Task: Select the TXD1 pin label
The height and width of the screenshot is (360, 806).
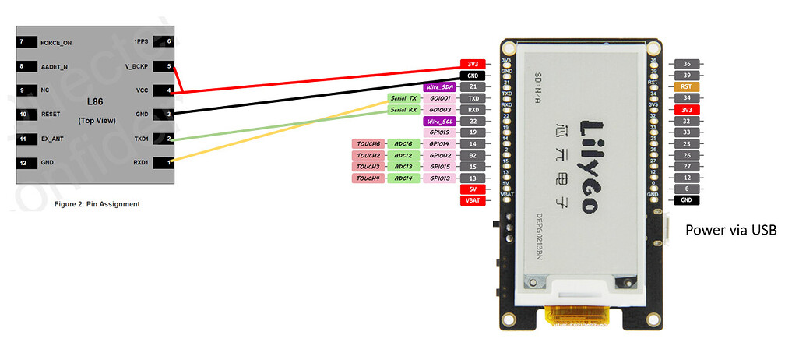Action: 142,139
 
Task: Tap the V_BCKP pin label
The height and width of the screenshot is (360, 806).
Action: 138,66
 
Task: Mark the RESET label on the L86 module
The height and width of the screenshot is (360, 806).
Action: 51,115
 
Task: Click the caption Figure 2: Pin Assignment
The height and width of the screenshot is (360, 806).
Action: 97,204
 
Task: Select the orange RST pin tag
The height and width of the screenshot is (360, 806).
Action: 686,86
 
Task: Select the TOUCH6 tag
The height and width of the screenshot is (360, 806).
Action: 368,144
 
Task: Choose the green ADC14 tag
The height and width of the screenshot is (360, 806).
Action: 404,178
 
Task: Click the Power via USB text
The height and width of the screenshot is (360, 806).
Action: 730,231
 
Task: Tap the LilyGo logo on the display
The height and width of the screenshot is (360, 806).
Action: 593,167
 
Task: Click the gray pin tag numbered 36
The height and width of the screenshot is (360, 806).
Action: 686,63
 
